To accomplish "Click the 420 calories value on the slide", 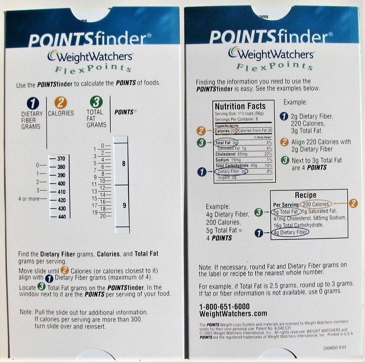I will (61, 200).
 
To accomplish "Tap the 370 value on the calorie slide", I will (61, 159).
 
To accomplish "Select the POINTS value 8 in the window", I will (124, 164).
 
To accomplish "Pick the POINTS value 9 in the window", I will (124, 206).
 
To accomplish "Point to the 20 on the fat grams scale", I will (102, 216).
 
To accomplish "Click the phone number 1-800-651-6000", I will (224, 307).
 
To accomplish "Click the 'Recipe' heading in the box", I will (306, 195).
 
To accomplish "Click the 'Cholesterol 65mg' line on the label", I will (232, 154).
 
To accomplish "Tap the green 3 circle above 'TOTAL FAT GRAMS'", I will (96, 102).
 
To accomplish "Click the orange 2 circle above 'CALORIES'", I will (61, 103).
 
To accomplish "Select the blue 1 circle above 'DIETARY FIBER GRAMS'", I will (33, 103).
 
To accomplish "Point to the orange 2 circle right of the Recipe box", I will (354, 204).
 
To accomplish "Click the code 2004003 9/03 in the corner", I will (332, 348).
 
